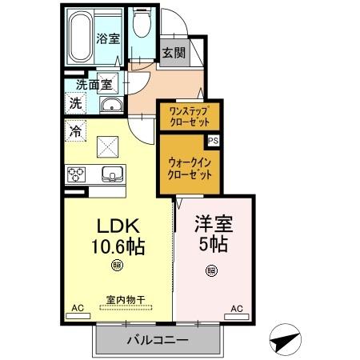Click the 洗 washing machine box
[x=74, y=102]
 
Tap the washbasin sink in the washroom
[x=110, y=106]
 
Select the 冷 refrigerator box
[x=75, y=130]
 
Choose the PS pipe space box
[x=213, y=140]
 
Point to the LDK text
[x=118, y=226]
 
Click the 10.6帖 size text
[x=118, y=247]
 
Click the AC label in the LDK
[x=78, y=307]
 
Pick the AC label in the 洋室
[x=237, y=307]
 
